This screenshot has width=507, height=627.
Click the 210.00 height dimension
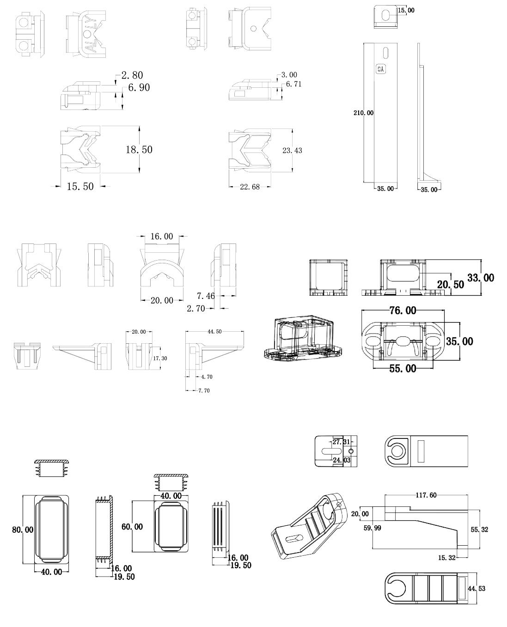[363, 113]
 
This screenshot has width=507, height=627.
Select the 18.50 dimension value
[139, 150]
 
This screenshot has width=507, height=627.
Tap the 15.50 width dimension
[80, 186]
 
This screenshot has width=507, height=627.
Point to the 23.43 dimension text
[292, 151]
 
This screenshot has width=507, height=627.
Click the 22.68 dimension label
[250, 187]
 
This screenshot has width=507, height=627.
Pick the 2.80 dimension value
[132, 75]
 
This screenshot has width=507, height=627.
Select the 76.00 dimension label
[403, 310]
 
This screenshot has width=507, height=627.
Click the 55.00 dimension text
[403, 369]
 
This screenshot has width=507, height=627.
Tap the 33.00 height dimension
[481, 278]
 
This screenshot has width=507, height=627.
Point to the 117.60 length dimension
[426, 495]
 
